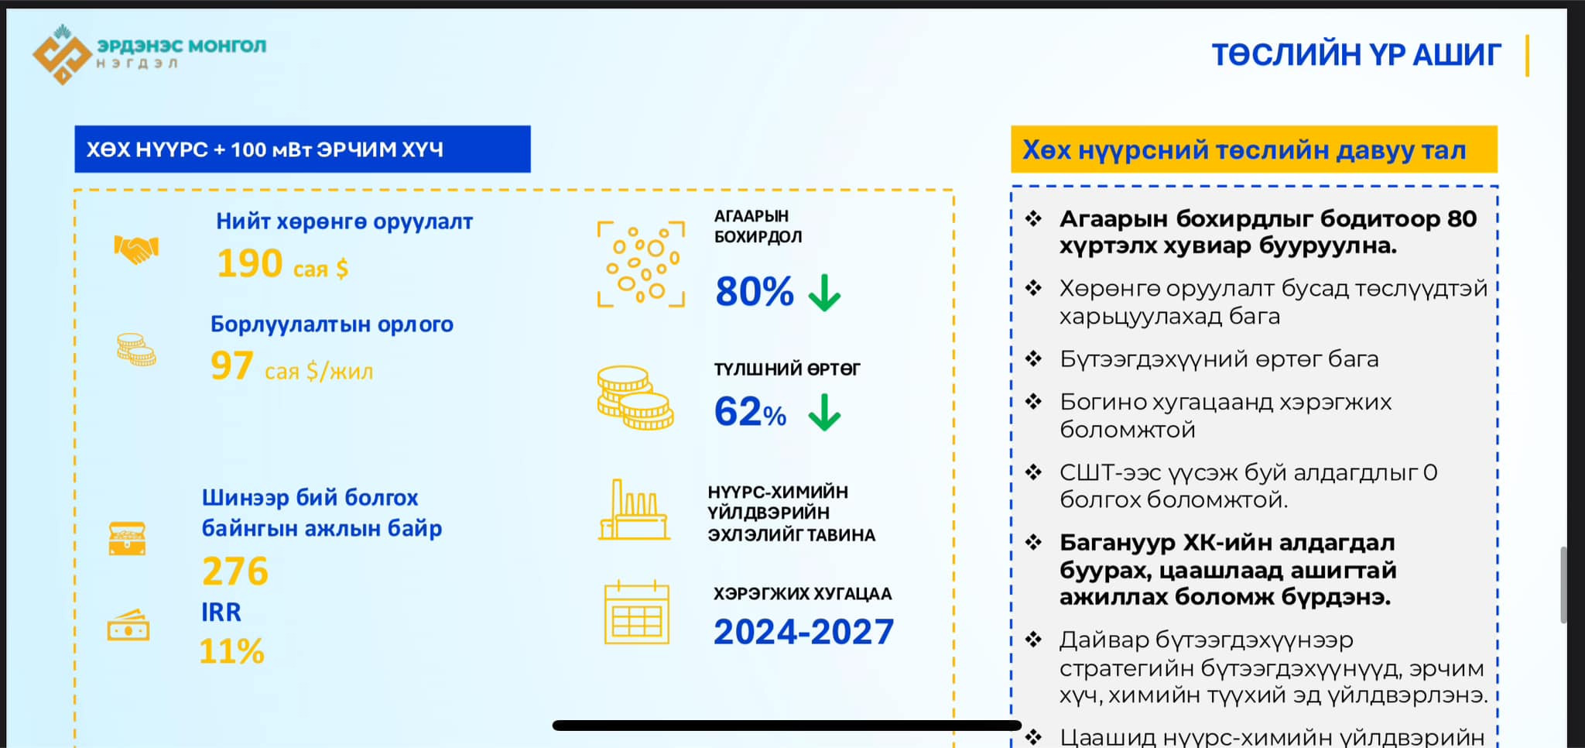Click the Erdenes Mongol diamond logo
(62, 54)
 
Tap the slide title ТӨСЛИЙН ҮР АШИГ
(1356, 55)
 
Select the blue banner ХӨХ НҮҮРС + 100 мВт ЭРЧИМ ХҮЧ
(303, 149)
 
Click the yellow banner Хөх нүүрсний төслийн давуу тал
(1254, 149)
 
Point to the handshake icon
(136, 249)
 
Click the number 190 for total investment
(250, 263)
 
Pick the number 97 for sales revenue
(231, 365)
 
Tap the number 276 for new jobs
(235, 571)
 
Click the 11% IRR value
(232, 651)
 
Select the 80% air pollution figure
(755, 292)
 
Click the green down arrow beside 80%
(824, 293)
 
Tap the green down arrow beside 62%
(824, 412)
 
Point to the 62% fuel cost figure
(750, 411)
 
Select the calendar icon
(636, 612)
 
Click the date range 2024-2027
(803, 632)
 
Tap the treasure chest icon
(127, 538)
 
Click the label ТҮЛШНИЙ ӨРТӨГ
(786, 369)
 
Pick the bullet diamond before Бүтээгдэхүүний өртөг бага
(1033, 359)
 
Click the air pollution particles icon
(641, 264)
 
